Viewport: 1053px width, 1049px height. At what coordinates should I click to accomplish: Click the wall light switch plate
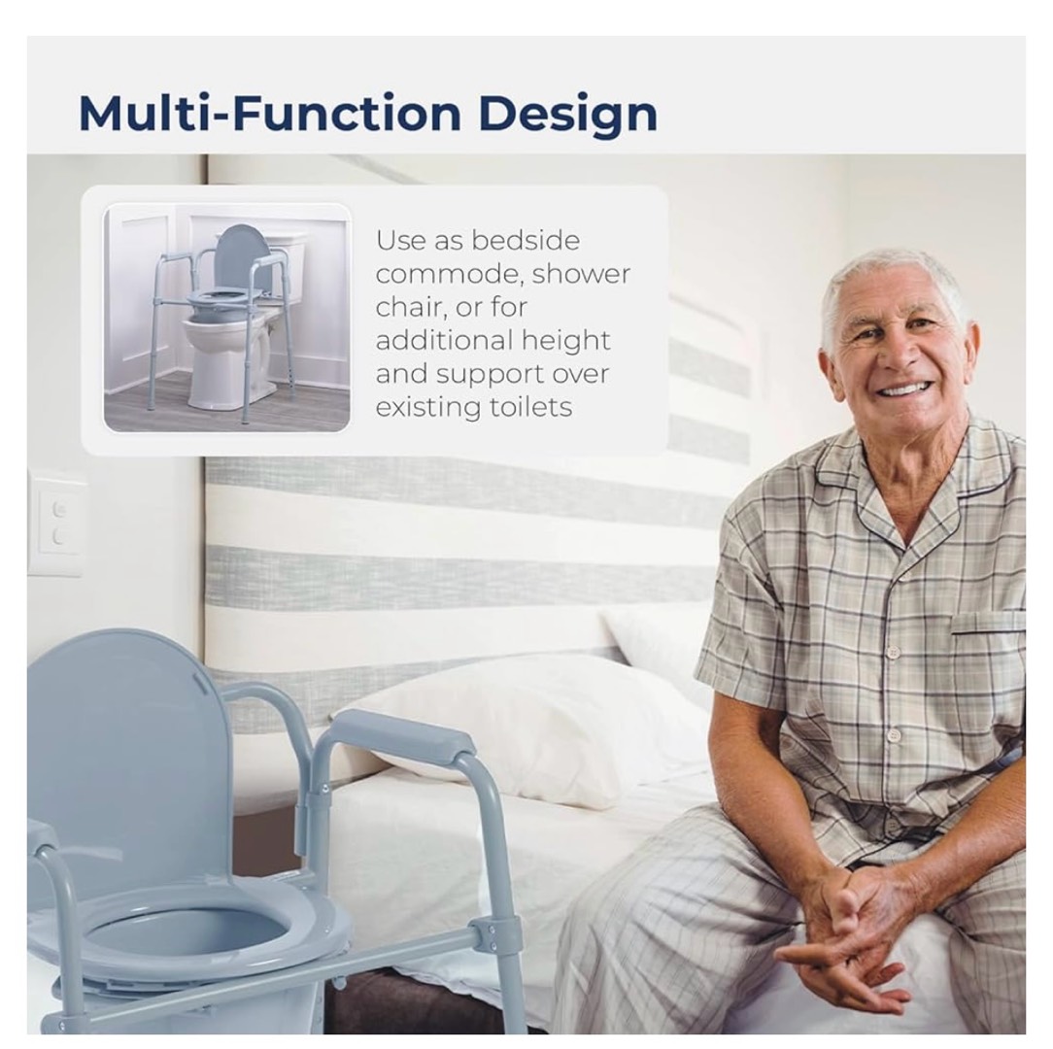(x=57, y=524)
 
